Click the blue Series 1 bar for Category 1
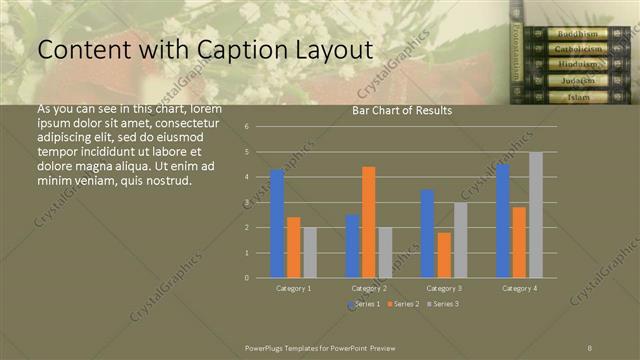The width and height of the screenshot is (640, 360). tap(277, 223)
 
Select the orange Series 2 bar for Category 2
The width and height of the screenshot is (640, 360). tap(368, 221)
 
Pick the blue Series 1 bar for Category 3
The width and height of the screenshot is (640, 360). tap(427, 233)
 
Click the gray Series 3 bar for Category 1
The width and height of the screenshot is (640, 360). tap(310, 252)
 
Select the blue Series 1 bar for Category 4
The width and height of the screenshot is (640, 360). tap(502, 220)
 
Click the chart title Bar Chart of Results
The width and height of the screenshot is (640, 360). tap(402, 110)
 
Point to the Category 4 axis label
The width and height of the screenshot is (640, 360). tap(518, 287)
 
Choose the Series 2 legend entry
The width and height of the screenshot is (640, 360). tap(403, 303)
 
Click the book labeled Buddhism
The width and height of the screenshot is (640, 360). tap(577, 34)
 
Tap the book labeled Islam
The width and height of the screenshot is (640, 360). tap(577, 97)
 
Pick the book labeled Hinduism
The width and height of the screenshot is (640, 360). tap(577, 65)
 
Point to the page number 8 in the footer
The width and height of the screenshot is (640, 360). tap(590, 346)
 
